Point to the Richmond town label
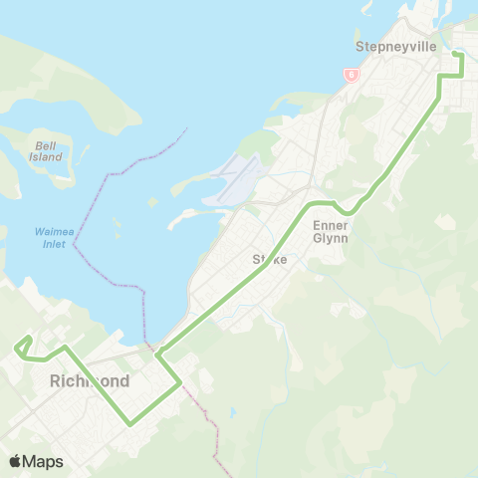pyautogui.click(x=89, y=380)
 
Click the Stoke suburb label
pyautogui.click(x=269, y=259)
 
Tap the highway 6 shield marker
pyautogui.click(x=352, y=74)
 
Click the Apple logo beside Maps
pyautogui.click(x=16, y=461)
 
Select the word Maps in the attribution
pyautogui.click(x=44, y=461)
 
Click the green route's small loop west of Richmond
pyautogui.click(x=22, y=346)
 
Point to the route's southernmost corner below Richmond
pyautogui.click(x=130, y=424)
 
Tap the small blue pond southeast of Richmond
pyautogui.click(x=231, y=411)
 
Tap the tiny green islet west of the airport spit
pyautogui.click(x=152, y=202)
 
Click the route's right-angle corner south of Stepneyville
pyautogui.click(x=440, y=77)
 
